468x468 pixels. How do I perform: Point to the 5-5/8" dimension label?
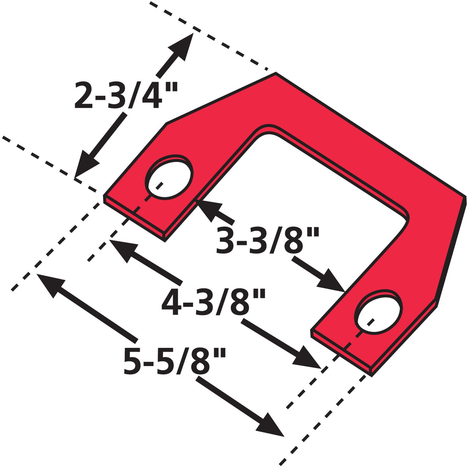click(x=175, y=361)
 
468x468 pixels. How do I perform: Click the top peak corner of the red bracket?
click(x=276, y=73)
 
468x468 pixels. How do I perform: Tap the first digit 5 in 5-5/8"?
click(x=133, y=361)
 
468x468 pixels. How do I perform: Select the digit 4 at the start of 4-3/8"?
click(x=171, y=302)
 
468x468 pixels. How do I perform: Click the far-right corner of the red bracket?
click(x=466, y=196)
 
